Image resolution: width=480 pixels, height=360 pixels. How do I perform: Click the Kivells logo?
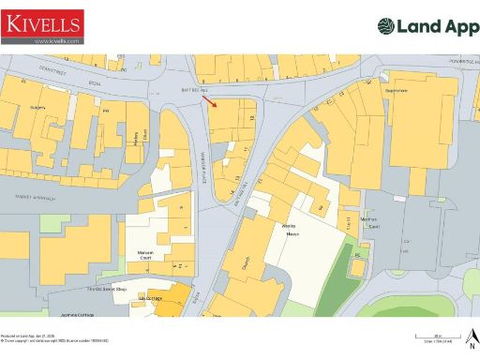point(42,27)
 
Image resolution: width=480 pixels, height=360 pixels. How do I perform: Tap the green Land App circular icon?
point(388,27)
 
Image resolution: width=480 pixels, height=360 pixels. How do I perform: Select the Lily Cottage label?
point(150,298)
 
